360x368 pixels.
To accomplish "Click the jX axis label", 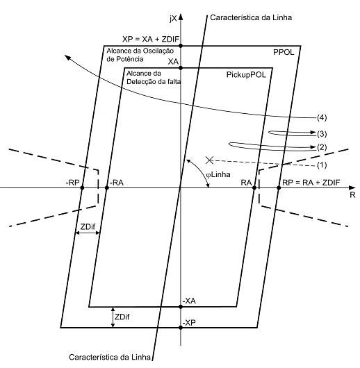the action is click(x=173, y=19).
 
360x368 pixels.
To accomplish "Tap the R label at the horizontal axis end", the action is click(x=352, y=195).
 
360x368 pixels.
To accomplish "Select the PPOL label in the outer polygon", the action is click(x=284, y=52).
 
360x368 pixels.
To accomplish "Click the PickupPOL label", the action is click(x=246, y=75).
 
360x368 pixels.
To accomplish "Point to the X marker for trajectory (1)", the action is click(x=209, y=160).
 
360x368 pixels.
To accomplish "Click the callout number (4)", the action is click(x=322, y=117).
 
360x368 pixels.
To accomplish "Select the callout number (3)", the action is click(x=322, y=134).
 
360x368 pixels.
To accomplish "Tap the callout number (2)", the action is click(x=322, y=147).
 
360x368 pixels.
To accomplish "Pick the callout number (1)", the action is click(x=322, y=165).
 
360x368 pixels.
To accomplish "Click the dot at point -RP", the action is click(x=82, y=187).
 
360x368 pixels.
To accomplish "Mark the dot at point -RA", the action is click(x=107, y=187).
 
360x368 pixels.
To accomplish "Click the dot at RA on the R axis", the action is click(x=254, y=187).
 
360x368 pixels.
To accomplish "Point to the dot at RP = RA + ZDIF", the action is click(x=279, y=187).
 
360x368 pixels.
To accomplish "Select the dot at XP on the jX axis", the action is click(x=181, y=46).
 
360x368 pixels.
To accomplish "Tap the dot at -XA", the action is click(x=181, y=306).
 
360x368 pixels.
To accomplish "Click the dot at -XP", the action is click(x=181, y=328).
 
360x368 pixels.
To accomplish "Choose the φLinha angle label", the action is click(x=218, y=175).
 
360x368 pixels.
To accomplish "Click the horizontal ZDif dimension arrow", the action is click(x=88, y=233).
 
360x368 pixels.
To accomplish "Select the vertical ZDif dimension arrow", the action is click(x=113, y=317).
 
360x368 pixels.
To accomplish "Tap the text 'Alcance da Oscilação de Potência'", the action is click(x=140, y=55).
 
